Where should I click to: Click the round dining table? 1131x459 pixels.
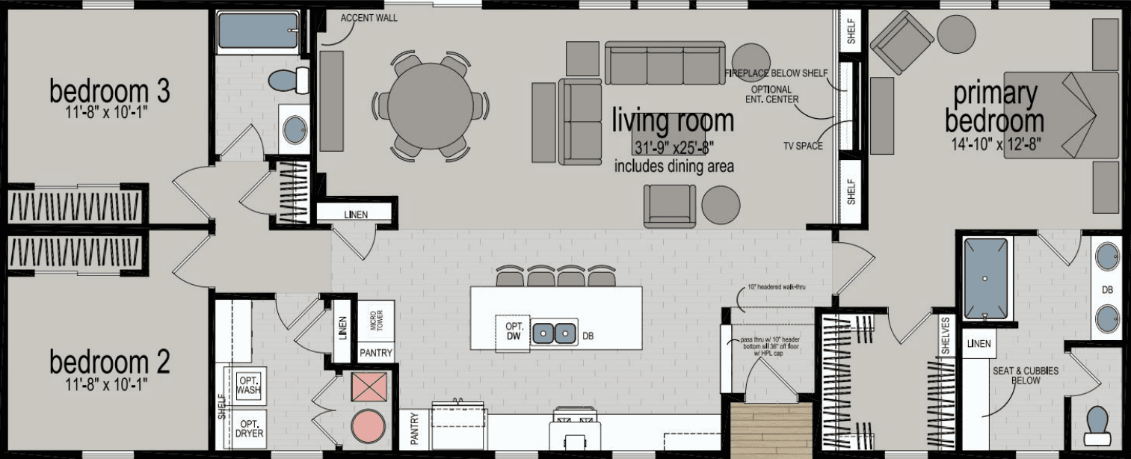point(430,105)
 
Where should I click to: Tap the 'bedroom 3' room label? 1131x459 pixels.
point(109,92)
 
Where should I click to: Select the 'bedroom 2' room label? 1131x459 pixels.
point(109,363)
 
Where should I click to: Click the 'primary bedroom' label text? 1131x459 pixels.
point(994,108)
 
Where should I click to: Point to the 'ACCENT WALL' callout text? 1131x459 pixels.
point(369,18)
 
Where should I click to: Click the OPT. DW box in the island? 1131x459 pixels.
point(513,332)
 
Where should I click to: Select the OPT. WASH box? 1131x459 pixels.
point(247,385)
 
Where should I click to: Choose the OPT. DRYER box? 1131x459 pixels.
point(247,428)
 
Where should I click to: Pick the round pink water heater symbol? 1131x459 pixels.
point(368,427)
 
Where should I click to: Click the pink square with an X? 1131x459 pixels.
point(368,386)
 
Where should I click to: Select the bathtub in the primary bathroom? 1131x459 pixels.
point(984,279)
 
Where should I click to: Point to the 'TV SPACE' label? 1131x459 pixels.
point(803,146)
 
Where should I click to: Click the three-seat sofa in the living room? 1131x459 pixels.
point(665,64)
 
